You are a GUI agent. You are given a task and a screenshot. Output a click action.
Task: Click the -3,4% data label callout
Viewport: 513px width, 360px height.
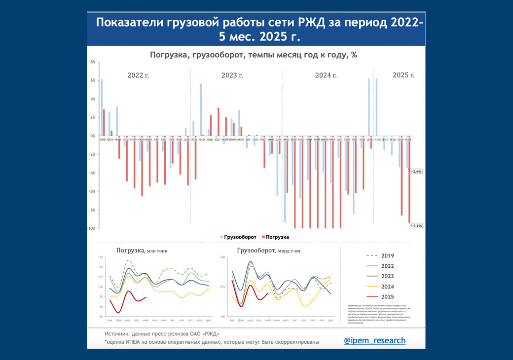[416, 171]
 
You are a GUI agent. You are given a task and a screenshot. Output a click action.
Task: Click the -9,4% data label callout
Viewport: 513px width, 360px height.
[416, 225]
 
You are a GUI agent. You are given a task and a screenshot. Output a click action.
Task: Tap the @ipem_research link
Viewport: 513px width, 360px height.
[374, 340]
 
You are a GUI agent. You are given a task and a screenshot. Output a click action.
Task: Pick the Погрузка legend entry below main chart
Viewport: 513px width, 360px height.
[277, 237]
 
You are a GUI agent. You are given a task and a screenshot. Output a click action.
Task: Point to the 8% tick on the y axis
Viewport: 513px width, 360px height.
[92, 62]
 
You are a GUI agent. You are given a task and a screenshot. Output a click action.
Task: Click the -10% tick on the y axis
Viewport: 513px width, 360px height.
[91, 228]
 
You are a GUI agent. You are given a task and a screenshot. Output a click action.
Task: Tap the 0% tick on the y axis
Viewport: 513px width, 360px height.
[92, 136]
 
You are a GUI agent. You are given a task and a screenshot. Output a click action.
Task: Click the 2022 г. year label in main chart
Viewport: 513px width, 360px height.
[138, 75]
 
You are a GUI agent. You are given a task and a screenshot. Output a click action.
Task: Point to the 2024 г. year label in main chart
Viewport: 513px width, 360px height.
[326, 75]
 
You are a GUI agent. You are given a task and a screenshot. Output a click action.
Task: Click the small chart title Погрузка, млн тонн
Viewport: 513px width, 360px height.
[142, 251]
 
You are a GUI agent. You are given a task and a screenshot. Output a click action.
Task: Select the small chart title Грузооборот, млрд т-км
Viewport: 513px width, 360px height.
[268, 251]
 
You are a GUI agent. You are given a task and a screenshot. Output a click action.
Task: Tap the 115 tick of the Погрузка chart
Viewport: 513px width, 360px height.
[100, 258]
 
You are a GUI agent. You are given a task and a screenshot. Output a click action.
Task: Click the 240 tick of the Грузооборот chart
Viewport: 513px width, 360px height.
[222, 257]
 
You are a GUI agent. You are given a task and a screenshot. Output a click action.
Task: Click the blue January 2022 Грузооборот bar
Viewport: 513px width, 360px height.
[102, 108]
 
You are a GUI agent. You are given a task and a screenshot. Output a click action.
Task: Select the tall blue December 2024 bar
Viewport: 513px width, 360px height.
[368, 107]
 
